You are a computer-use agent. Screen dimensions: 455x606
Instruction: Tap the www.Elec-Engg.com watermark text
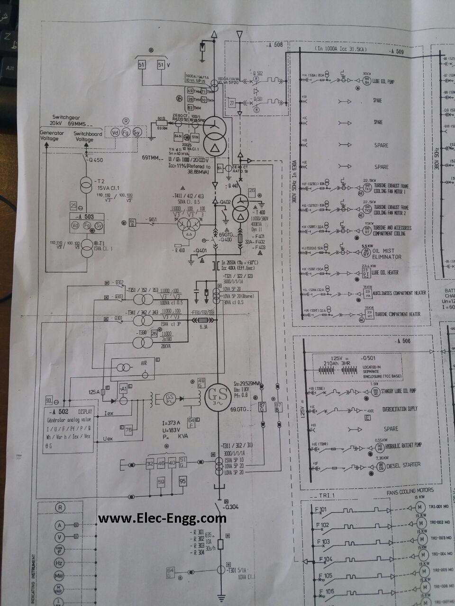162,518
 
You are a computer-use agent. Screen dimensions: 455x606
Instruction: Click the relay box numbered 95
182,481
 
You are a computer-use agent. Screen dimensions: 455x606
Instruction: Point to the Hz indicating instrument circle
60,563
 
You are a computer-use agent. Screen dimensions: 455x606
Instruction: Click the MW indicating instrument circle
60,576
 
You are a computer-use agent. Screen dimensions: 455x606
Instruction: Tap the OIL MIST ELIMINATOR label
387,254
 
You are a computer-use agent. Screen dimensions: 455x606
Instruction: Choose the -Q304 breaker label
232,507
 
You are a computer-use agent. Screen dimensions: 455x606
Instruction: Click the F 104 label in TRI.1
328,559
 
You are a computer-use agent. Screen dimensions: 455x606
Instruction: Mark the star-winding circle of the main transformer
215,127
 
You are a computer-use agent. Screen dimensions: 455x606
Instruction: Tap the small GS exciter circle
169,399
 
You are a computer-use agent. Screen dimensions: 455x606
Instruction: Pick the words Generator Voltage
52,136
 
